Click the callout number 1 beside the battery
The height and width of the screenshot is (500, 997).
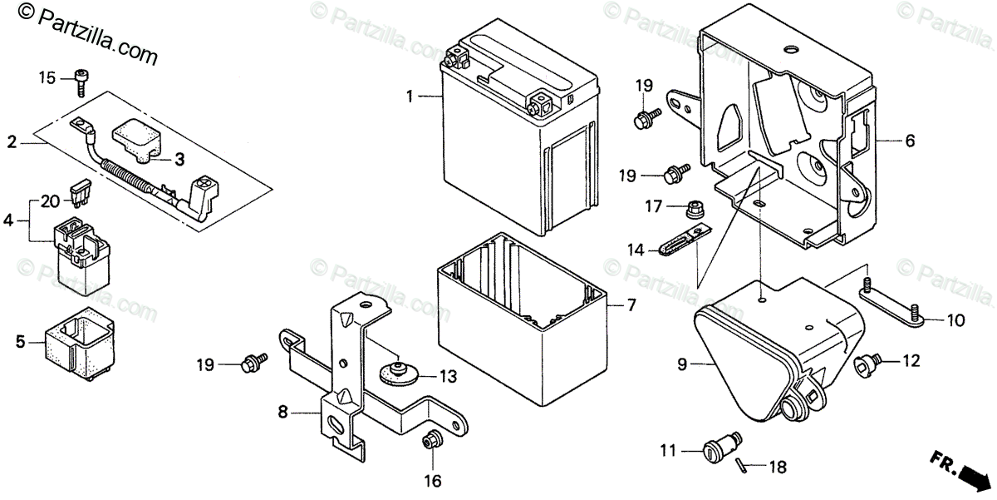(x=410, y=97)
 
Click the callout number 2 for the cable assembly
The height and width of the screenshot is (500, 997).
(x=12, y=142)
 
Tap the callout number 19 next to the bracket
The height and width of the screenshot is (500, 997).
(x=205, y=364)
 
